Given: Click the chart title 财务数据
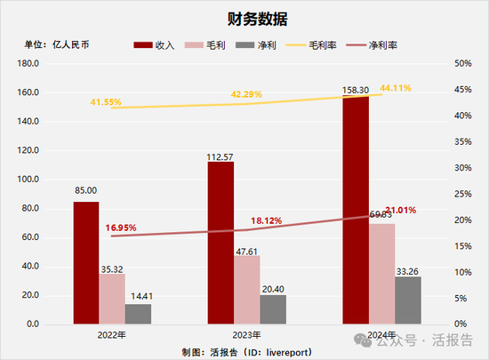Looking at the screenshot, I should pos(244,18).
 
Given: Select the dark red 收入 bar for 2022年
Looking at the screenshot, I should pos(86,262).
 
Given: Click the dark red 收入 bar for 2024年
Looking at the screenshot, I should pos(356,210).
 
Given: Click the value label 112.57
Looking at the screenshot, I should pos(220,151).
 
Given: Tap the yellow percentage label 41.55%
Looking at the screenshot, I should pos(107,103).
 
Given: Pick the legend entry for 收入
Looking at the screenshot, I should pos(155,44).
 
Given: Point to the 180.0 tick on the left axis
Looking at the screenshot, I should pos(28,64).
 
